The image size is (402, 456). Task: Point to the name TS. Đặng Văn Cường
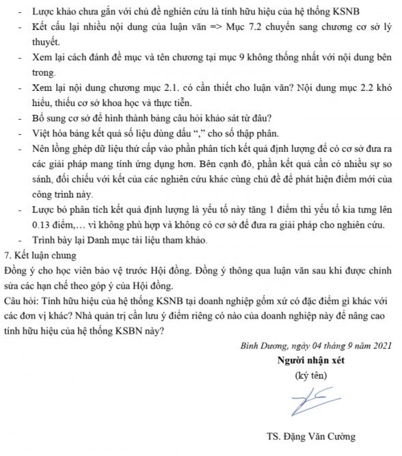coord(312,438)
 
